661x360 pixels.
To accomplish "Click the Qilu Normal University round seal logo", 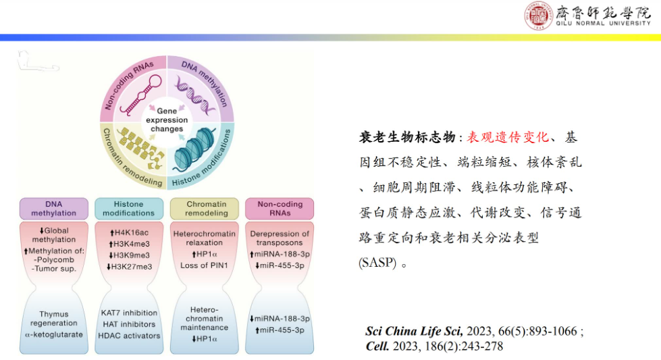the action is coord(538,16).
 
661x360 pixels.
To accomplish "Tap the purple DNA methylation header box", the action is coord(54,209).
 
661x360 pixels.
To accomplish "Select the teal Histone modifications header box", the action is coord(129,209).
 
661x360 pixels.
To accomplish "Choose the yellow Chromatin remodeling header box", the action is coord(205,209).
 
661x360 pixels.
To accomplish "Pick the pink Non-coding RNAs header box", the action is coord(280,209).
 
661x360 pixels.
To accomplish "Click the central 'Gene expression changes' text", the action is coord(167,120).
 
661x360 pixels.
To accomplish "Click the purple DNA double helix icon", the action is coord(194,95).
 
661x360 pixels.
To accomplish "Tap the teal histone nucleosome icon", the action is coord(194,149).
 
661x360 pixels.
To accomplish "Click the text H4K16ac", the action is coord(130,233).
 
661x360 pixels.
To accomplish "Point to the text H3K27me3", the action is coord(130,267).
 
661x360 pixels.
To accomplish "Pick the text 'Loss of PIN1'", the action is coord(204,265).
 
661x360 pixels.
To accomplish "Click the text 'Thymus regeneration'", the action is coord(53,319).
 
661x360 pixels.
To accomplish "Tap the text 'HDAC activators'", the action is coord(129,336).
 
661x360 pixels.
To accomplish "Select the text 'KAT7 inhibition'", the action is coord(129,313).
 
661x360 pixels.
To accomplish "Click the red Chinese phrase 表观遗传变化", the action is coord(508,137).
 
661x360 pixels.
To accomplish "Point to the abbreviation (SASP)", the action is coord(377,263).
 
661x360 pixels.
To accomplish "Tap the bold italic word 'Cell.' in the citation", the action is coord(377,346).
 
